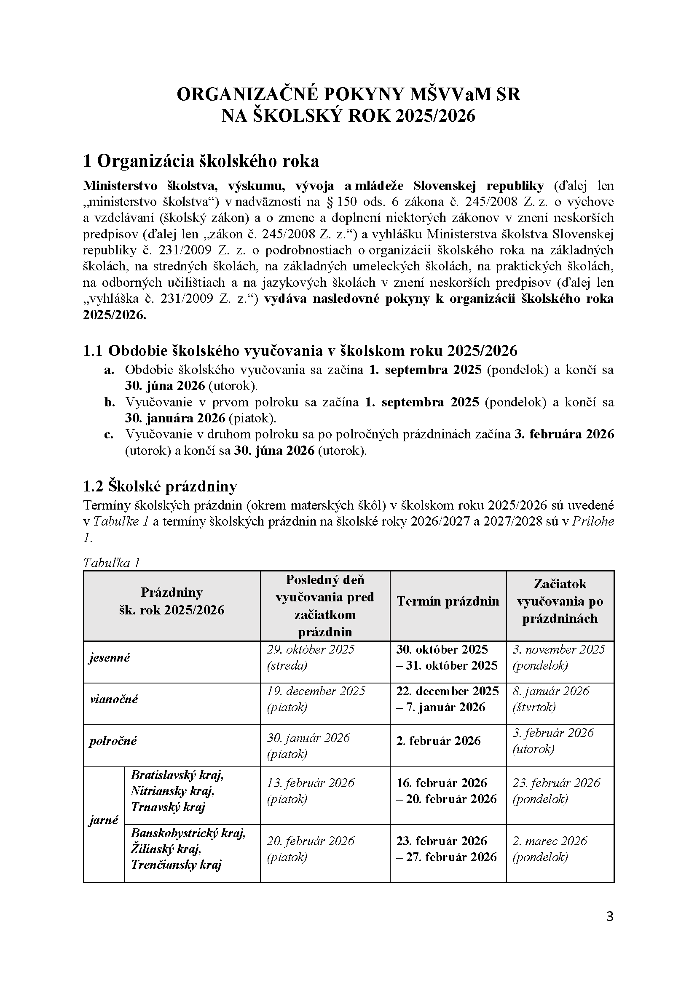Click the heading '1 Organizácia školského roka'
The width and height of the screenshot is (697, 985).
click(x=201, y=161)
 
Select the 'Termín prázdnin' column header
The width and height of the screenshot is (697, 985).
click(x=448, y=601)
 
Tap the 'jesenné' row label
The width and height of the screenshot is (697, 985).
click(x=110, y=657)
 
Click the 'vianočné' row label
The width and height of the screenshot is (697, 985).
click(x=114, y=699)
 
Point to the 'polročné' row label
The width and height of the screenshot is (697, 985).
click(x=113, y=741)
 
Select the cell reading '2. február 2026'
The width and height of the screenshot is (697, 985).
click(x=438, y=741)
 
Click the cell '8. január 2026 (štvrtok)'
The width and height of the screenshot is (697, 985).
click(x=551, y=699)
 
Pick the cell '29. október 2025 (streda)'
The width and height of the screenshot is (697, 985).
click(x=311, y=657)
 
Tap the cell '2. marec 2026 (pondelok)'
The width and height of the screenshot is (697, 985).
click(x=550, y=849)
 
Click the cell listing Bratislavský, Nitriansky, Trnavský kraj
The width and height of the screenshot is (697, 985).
click(x=177, y=791)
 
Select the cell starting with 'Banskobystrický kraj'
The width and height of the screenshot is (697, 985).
click(x=188, y=849)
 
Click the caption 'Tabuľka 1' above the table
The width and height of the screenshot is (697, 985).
click(x=112, y=563)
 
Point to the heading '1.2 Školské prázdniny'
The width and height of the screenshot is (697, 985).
click(x=160, y=486)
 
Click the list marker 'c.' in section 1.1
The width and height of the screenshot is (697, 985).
click(x=109, y=435)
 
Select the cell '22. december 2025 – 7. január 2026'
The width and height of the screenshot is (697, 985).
click(x=447, y=699)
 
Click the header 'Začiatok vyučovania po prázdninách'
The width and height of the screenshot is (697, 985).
click(x=560, y=601)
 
